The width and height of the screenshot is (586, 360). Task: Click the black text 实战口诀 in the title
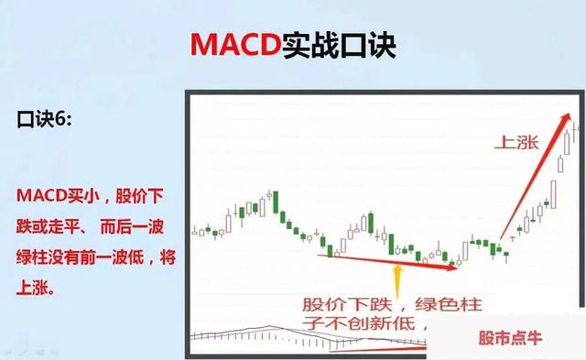coord(343,45)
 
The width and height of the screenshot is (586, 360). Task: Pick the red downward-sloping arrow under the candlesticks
coord(389,261)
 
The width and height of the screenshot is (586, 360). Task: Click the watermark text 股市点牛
coord(505,338)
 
